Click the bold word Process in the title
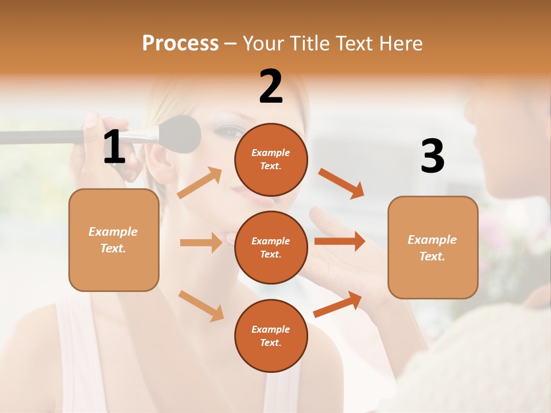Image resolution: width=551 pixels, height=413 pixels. click(x=180, y=43)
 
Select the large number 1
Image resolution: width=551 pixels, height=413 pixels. click(x=114, y=147)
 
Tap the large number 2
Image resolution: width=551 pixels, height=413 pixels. click(x=271, y=87)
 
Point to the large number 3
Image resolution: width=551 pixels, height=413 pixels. click(x=432, y=157)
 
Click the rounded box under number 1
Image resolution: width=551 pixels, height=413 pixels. click(x=114, y=240)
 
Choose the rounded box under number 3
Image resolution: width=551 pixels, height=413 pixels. click(x=433, y=248)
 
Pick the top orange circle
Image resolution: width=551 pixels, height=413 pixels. click(x=271, y=159)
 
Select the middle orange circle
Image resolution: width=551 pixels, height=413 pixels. click(x=271, y=247)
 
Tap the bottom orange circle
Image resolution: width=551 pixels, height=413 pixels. click(x=271, y=336)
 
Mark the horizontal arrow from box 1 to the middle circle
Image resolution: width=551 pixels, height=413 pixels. click(x=201, y=243)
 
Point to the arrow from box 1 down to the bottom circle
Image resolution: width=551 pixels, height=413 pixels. click(x=201, y=305)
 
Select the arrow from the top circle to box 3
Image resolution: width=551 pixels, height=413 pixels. click(x=342, y=183)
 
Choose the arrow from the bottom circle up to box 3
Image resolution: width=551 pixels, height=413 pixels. click(x=337, y=304)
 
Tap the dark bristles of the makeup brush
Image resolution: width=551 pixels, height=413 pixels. click(x=181, y=134)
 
